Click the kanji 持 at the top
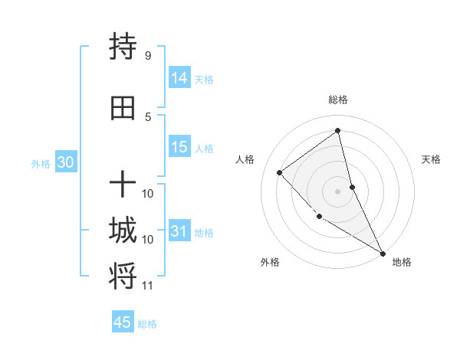pyautogui.click(x=123, y=47)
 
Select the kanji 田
pyautogui.click(x=123, y=109)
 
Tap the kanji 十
pyautogui.click(x=123, y=185)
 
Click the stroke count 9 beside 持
pyautogui.click(x=148, y=56)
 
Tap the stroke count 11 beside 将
pyautogui.click(x=148, y=286)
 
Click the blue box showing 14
pyautogui.click(x=179, y=78)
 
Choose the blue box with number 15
pyautogui.click(x=179, y=148)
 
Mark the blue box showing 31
pyautogui.click(x=179, y=231)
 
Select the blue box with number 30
pyautogui.click(x=65, y=162)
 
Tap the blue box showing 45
pyautogui.click(x=123, y=322)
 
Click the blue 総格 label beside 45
pyautogui.click(x=147, y=324)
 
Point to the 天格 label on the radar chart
pyautogui.click(x=432, y=159)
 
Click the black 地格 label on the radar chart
pyautogui.click(x=402, y=262)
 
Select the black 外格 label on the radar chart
pyautogui.click(x=270, y=262)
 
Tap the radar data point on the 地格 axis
pyautogui.click(x=383, y=253)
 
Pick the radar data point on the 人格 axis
pyautogui.click(x=280, y=172)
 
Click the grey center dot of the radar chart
pyautogui.click(x=337, y=191)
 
